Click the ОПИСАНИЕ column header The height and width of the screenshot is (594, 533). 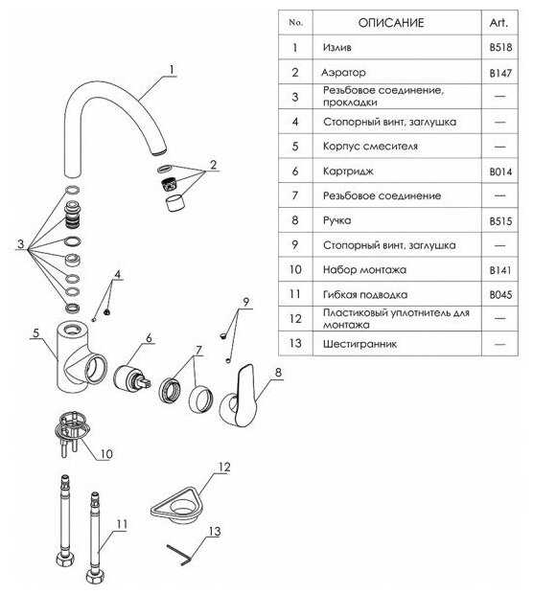click(x=391, y=23)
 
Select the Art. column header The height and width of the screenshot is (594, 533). click(x=498, y=23)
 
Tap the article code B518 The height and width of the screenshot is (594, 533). click(x=500, y=47)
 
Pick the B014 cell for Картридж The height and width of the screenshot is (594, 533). click(x=500, y=171)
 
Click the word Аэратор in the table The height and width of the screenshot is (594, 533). click(x=343, y=73)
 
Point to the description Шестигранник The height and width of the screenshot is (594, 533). click(x=359, y=344)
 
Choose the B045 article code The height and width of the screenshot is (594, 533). click(x=500, y=295)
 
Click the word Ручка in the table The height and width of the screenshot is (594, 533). click(x=337, y=220)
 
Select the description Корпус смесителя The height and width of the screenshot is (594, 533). click(x=370, y=147)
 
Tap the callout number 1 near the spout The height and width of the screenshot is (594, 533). click(x=172, y=70)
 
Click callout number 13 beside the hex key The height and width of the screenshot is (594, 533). click(x=214, y=531)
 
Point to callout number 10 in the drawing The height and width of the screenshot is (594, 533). click(x=106, y=453)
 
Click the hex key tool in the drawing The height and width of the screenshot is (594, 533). click(x=179, y=555)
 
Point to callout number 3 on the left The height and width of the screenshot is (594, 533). click(x=20, y=244)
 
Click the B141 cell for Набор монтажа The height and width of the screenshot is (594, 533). click(x=500, y=270)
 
